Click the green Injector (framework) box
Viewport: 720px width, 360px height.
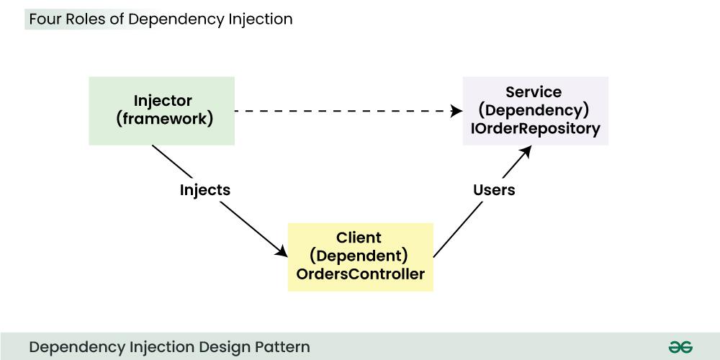[x=161, y=110]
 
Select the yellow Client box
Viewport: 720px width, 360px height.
[x=360, y=256]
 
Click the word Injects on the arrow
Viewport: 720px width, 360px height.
[x=205, y=190]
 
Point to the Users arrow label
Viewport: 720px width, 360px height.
[x=494, y=190]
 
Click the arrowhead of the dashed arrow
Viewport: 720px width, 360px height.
[x=456, y=112]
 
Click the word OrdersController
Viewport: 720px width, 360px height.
[x=360, y=274]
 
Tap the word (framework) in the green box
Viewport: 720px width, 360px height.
[x=164, y=119]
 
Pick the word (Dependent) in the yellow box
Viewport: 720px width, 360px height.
[x=359, y=256]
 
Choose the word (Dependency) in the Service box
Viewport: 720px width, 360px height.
[x=534, y=110]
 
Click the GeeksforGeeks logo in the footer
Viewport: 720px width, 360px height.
[x=680, y=347]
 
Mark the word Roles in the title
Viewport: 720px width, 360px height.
[x=85, y=19]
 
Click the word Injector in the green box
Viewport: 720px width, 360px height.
[x=163, y=100]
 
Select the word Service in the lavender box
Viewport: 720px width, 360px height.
[x=534, y=92]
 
